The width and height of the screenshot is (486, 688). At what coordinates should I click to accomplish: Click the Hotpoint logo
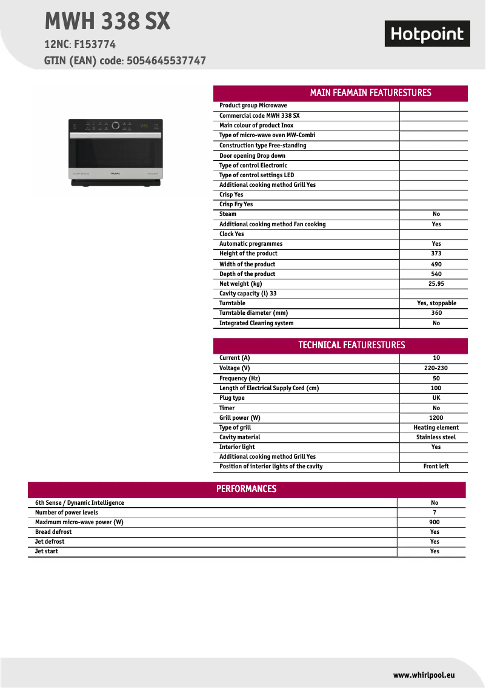(x=427, y=34)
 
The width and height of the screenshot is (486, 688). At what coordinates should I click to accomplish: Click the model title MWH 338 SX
(x=107, y=22)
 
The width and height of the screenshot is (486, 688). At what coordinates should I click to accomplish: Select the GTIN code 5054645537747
(x=167, y=61)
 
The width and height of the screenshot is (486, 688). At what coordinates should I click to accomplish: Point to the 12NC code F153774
(x=95, y=44)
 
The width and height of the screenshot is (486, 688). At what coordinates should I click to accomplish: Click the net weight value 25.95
(x=436, y=283)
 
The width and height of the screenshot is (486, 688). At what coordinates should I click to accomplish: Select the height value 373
(x=436, y=254)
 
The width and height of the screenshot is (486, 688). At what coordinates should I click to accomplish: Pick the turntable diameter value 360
(x=436, y=313)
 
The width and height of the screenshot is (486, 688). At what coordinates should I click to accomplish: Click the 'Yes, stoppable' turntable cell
(x=436, y=303)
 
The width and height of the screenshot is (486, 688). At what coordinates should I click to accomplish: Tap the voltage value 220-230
(x=436, y=368)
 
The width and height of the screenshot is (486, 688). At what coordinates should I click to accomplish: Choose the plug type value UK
(x=436, y=398)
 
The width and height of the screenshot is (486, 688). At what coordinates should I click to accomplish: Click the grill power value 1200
(x=436, y=418)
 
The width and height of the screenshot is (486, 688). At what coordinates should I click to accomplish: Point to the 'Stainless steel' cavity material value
(x=436, y=437)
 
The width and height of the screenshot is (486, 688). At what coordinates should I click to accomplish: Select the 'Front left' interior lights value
(x=436, y=467)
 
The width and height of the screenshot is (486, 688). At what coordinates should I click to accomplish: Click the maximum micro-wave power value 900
(x=434, y=522)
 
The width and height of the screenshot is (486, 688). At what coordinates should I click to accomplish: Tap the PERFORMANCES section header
(x=246, y=489)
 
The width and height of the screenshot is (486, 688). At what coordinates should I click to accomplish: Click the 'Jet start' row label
(x=47, y=551)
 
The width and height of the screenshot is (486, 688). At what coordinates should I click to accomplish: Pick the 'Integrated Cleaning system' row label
(x=256, y=323)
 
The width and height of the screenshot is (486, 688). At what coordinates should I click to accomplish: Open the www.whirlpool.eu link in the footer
(x=424, y=675)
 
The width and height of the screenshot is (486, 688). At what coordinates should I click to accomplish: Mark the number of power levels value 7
(x=434, y=513)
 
